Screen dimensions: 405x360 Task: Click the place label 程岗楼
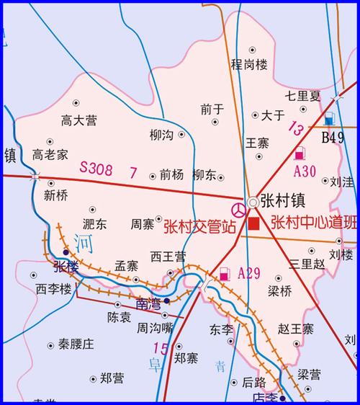248,64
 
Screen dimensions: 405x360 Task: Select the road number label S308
96,169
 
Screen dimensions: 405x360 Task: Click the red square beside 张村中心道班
253,223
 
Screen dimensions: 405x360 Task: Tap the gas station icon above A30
300,153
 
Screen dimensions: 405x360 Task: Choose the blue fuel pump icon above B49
329,120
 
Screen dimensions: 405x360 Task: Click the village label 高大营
78,120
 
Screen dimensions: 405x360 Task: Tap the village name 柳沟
161,135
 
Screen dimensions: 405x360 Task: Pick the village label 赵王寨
296,329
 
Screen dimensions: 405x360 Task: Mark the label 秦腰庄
76,344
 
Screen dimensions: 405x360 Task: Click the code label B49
333,138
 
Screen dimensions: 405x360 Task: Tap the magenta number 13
295,128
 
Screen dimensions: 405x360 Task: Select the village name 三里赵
307,264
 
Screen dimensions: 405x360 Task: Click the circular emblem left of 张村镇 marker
237,208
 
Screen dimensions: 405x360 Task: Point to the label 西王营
168,256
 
